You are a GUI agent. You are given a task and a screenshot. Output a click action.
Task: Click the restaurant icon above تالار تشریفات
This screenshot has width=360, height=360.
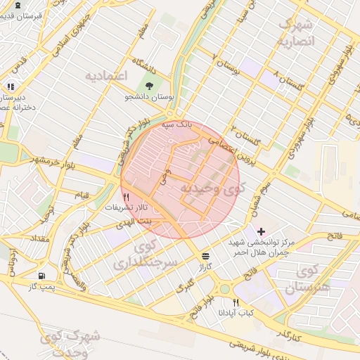(127, 197)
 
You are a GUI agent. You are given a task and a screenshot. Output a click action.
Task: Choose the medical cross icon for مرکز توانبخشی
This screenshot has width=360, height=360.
(261, 231)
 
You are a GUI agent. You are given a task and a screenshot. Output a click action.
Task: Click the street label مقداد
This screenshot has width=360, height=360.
(39, 240)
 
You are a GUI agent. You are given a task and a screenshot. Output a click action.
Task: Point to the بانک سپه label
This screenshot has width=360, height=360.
(176, 124)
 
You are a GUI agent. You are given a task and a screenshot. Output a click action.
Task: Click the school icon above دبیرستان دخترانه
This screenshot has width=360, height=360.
(10, 86)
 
